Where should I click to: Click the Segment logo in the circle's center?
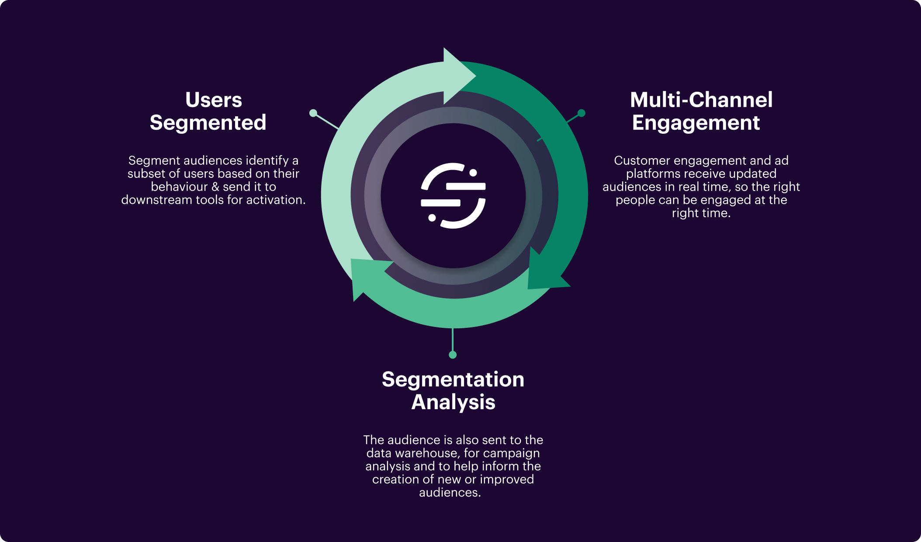(453, 195)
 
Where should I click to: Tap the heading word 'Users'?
(213, 100)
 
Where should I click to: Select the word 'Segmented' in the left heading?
(208, 122)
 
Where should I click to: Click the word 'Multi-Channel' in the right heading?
(701, 100)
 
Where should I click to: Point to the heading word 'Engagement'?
(696, 122)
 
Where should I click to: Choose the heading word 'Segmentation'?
(453, 379)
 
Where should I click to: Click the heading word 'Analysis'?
(453, 402)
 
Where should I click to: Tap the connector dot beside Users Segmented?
(313, 113)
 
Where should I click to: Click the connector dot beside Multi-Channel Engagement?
(581, 113)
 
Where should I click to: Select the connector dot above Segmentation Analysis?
(453, 354)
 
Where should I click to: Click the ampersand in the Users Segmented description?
(215, 187)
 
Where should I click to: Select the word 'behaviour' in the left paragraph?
(179, 187)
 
